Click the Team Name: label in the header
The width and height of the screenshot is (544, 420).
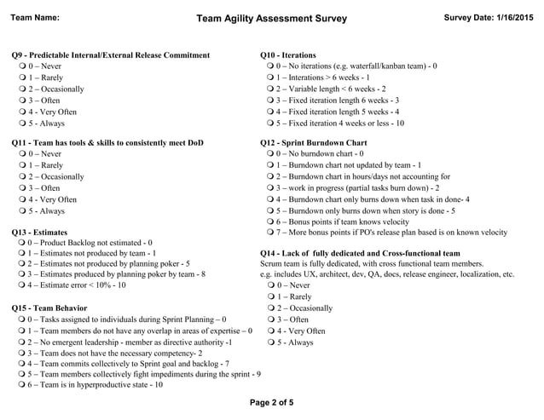coord(34,17)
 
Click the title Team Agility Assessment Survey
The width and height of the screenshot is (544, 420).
coord(271,18)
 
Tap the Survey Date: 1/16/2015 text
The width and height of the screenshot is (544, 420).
coord(488,17)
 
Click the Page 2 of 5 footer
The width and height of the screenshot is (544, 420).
coord(271,402)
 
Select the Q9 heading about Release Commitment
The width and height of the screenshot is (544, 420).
coord(111,55)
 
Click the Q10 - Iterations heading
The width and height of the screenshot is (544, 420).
coord(287,55)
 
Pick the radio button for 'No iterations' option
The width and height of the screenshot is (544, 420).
coord(269,66)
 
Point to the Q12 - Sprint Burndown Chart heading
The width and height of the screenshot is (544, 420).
coord(313,143)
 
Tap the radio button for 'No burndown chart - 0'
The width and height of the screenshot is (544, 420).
coord(269,154)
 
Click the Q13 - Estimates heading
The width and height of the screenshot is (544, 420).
coord(39,232)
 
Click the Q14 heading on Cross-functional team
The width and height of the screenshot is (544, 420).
coord(359,253)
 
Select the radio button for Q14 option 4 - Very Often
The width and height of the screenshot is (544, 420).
coord(269,331)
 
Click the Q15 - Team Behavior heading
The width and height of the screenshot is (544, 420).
coord(49,308)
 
